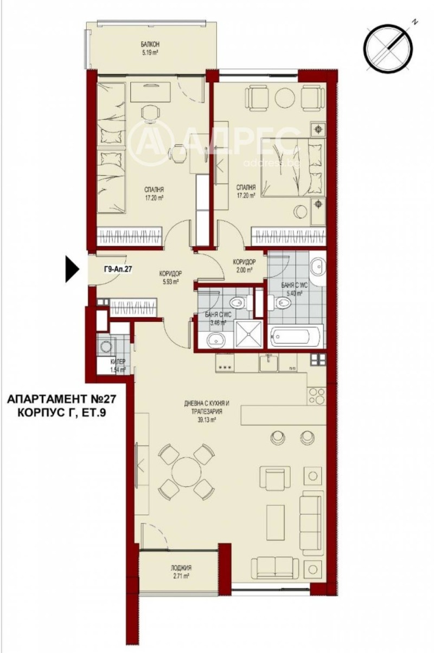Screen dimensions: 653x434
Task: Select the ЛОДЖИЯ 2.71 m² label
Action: click(178, 572)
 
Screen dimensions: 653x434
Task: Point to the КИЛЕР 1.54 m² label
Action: click(118, 365)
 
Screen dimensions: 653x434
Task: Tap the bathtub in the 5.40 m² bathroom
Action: click(296, 338)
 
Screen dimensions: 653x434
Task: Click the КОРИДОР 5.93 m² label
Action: click(170, 277)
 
